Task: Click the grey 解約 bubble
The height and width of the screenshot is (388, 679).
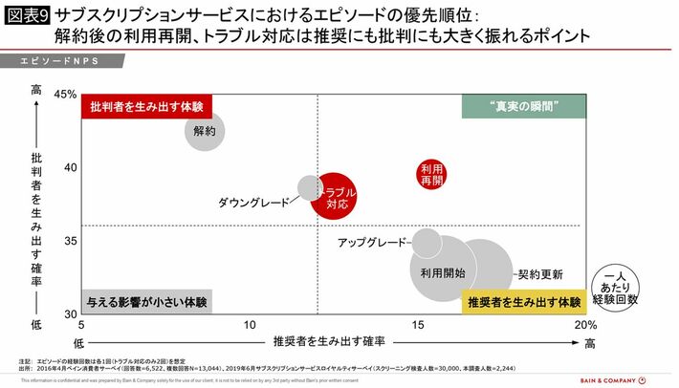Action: [x=205, y=130]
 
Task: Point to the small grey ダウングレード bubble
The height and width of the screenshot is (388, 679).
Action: [x=310, y=186]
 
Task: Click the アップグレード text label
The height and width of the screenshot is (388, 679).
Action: [x=372, y=243]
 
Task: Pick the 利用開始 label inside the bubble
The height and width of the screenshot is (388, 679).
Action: [x=443, y=271]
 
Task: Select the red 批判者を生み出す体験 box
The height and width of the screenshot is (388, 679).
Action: [x=146, y=106]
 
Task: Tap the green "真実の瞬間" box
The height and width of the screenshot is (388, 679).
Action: [x=523, y=106]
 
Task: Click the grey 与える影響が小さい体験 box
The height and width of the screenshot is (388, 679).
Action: [x=146, y=302]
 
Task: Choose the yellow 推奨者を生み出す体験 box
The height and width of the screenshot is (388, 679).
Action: [x=523, y=302]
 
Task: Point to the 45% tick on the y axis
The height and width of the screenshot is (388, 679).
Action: [x=65, y=95]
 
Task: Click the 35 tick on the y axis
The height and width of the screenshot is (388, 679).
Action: [x=69, y=241]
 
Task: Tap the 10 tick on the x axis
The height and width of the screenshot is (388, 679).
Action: [x=251, y=326]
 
